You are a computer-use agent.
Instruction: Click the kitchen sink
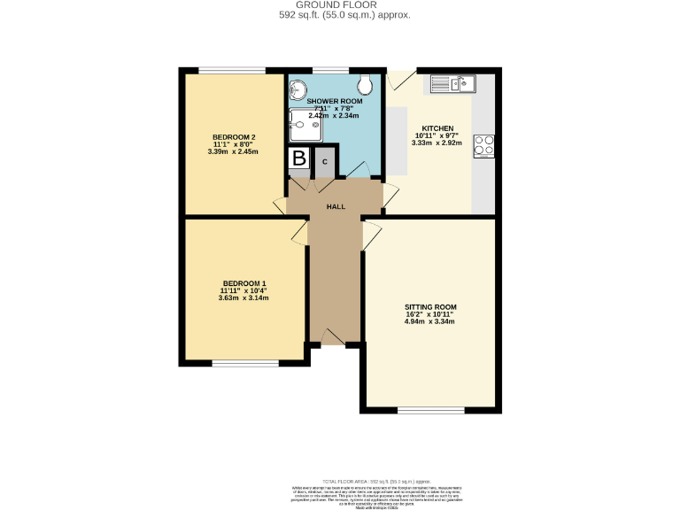(453, 84)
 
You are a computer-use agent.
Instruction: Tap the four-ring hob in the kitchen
(483, 145)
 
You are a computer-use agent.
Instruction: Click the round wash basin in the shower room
(297, 89)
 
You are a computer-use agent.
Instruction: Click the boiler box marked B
(299, 159)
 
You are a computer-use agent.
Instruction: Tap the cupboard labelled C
(326, 161)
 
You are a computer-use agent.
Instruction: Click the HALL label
(336, 206)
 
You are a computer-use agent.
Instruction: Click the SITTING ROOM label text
(430, 306)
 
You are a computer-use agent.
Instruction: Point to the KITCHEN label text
(431, 127)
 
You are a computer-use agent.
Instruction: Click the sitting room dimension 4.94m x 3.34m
(430, 321)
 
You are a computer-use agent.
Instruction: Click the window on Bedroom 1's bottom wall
(244, 362)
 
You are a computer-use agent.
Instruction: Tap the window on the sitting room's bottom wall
(430, 410)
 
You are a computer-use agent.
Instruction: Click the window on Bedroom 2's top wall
(231, 70)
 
